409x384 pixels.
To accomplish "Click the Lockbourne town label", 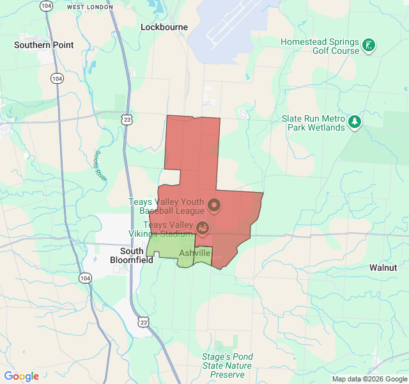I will [164, 28].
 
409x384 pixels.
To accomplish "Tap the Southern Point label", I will [43, 45].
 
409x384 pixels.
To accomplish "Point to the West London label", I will [89, 7].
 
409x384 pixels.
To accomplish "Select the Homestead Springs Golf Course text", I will [320, 46].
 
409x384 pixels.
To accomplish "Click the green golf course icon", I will [369, 45].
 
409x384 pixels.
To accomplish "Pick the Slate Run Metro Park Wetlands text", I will [314, 123].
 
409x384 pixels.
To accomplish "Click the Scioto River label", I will [100, 166].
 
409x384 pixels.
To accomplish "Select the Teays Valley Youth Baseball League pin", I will [214, 205].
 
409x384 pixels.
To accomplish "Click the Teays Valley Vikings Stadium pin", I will [202, 227].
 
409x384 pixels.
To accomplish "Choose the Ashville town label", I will [194, 253].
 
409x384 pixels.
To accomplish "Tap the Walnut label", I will [383, 268].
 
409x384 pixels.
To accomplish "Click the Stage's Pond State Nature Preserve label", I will [228, 365].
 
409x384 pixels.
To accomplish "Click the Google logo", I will [22, 376].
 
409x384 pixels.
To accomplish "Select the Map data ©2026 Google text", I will [369, 379].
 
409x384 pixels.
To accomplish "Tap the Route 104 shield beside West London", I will [45, 6].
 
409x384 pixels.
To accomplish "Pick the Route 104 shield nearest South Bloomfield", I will [85, 278].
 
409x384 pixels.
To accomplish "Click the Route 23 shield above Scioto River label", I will [128, 120].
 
